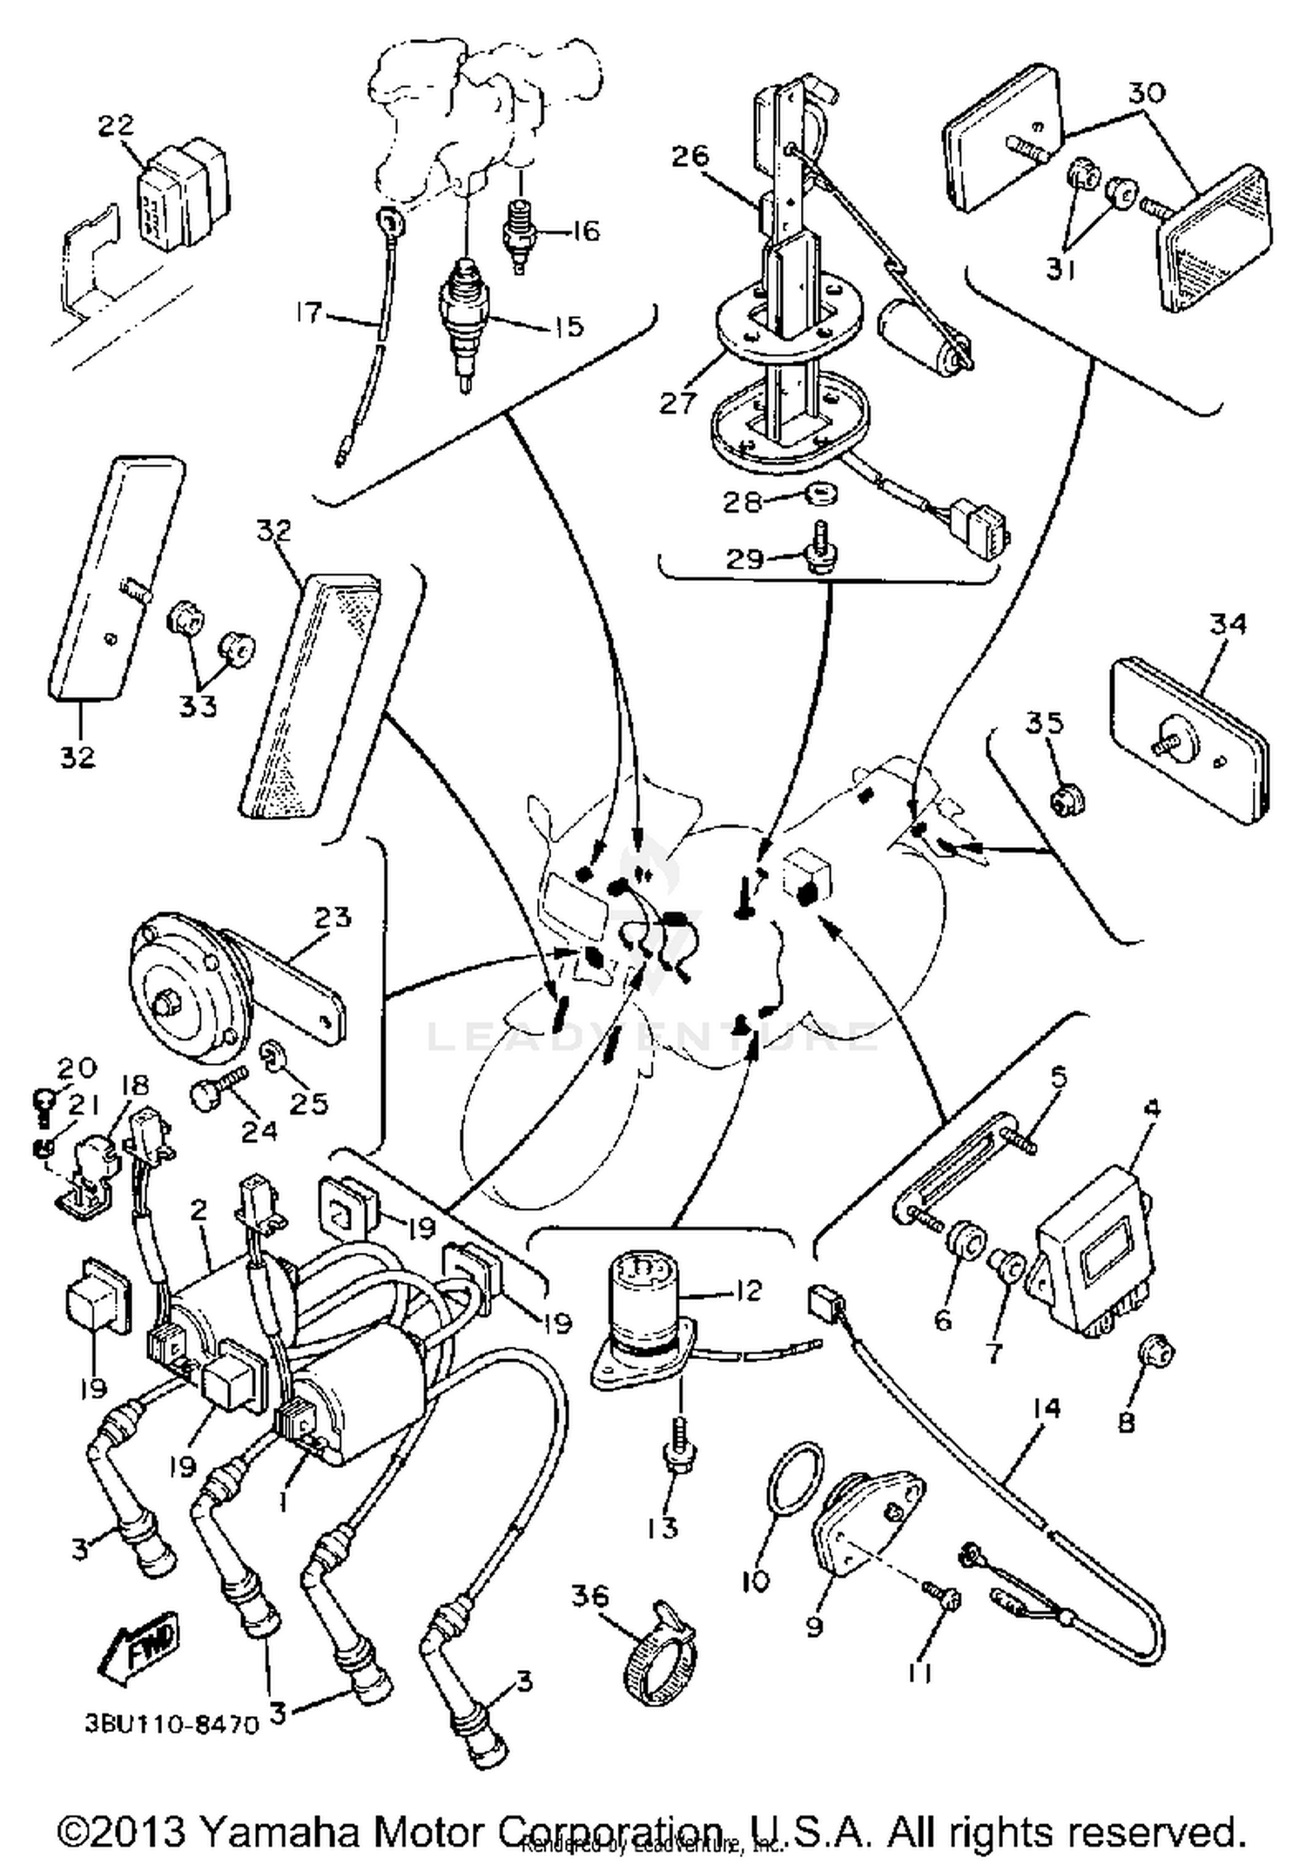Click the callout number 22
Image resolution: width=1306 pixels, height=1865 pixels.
click(117, 125)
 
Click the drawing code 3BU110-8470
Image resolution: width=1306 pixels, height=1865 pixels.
click(172, 1723)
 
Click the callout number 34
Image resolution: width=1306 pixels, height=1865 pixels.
click(1229, 623)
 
